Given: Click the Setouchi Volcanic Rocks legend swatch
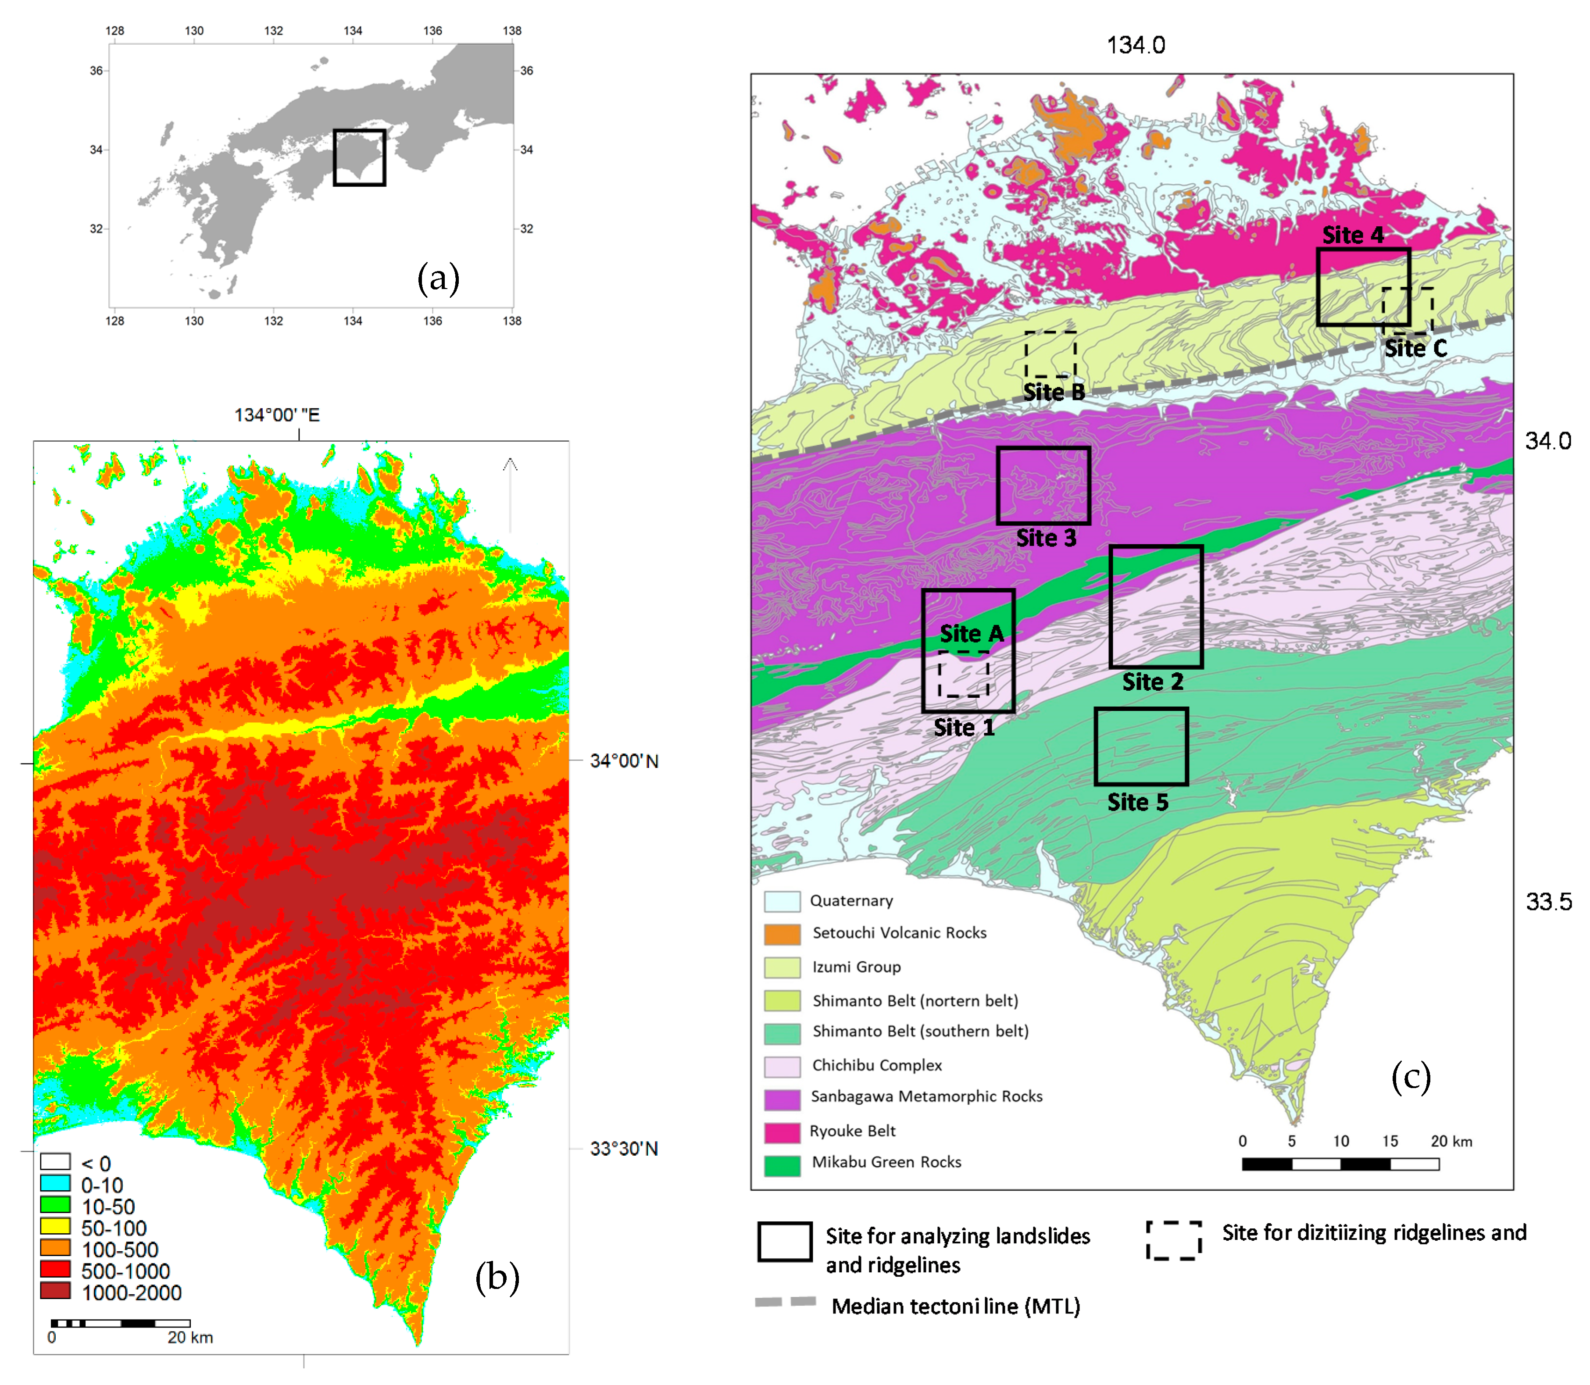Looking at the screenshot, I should (782, 934).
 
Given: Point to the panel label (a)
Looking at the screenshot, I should (438, 278).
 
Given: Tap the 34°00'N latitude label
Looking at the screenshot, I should (624, 761).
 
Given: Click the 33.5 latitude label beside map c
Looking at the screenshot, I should (1548, 902).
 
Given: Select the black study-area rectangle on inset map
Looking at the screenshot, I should (359, 158).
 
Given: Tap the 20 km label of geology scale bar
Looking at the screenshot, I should (1451, 1142).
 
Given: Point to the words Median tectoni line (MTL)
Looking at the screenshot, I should (955, 1306).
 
